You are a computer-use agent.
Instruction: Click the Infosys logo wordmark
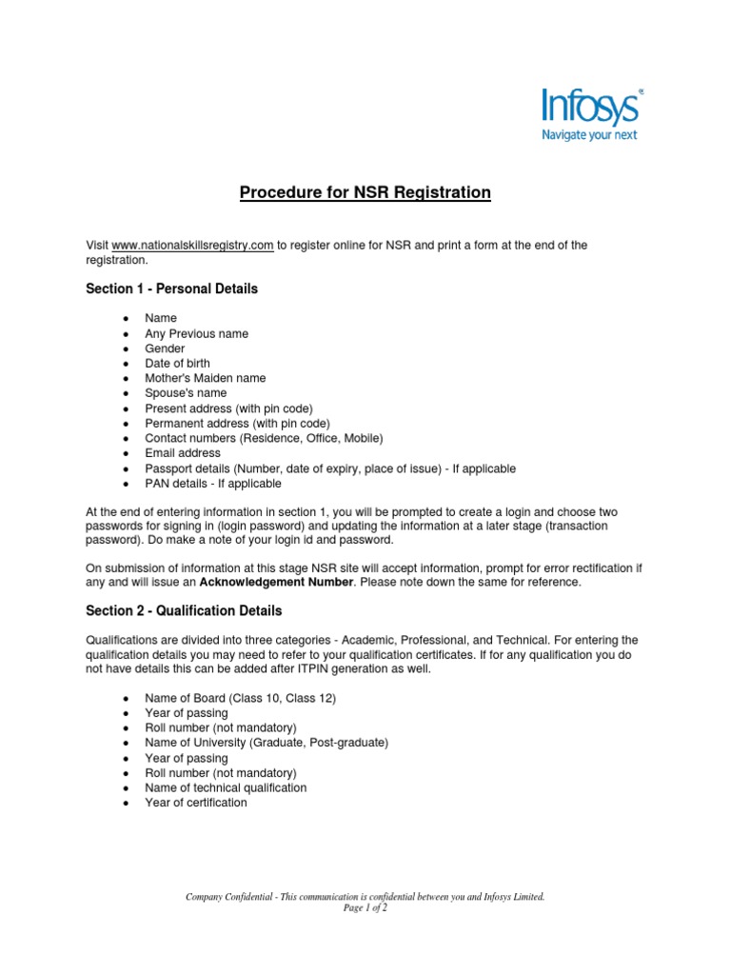point(590,107)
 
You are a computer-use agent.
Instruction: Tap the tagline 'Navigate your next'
point(589,134)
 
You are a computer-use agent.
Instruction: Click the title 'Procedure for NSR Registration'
point(365,193)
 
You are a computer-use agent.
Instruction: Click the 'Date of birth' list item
point(177,364)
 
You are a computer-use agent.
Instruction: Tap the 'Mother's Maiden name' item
point(205,378)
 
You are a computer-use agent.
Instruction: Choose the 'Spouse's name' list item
point(186,393)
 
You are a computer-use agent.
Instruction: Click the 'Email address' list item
point(182,453)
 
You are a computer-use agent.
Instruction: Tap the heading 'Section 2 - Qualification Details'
point(184,610)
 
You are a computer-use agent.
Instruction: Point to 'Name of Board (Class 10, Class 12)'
point(240,698)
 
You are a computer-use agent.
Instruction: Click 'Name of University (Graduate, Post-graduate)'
point(267,743)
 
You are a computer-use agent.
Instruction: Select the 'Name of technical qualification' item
point(226,787)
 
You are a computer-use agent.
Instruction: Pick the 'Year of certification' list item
point(195,803)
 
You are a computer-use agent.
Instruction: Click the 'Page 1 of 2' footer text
point(365,908)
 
